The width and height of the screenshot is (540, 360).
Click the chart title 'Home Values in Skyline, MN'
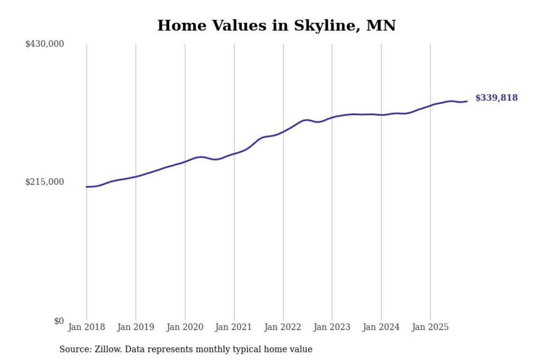pyautogui.click(x=276, y=26)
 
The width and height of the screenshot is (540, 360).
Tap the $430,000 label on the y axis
pyautogui.click(x=44, y=44)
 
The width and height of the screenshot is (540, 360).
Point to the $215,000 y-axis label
pyautogui.click(x=44, y=182)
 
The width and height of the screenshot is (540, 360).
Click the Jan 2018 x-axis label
pyautogui.click(x=86, y=327)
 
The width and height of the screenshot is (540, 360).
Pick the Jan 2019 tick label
pyautogui.click(x=136, y=327)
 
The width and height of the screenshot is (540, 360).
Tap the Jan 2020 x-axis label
pyautogui.click(x=185, y=327)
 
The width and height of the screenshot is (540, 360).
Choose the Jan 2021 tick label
pyautogui.click(x=234, y=327)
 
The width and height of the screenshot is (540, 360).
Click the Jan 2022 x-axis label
pyautogui.click(x=283, y=327)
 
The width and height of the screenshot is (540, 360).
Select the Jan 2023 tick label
pyautogui.click(x=332, y=327)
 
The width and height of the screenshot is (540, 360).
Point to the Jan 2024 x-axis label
pyautogui.click(x=381, y=327)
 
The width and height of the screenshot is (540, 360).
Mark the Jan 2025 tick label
pyautogui.click(x=430, y=327)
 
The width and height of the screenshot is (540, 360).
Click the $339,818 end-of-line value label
pyautogui.click(x=496, y=98)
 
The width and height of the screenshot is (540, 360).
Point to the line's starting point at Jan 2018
pyautogui.click(x=87, y=187)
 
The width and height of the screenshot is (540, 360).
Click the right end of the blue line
pyautogui.click(x=467, y=101)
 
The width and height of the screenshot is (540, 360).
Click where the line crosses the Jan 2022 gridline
pyautogui.click(x=283, y=131)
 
